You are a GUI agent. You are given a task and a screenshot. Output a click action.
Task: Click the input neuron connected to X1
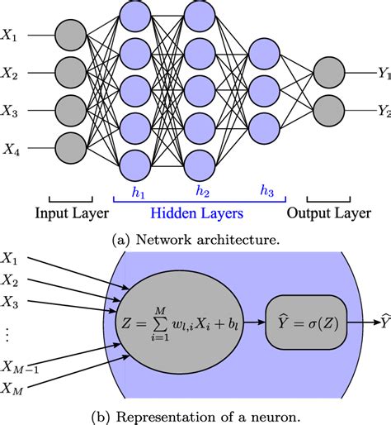tap(71, 36)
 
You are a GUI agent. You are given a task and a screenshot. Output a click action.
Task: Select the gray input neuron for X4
tap(71, 148)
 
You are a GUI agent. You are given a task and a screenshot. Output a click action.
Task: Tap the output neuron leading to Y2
tap(329, 111)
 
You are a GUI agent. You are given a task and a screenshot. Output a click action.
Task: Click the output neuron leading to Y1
tap(329, 73)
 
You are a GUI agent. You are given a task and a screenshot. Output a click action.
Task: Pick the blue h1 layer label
tap(138, 192)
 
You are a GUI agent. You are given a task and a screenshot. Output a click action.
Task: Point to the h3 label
tap(267, 190)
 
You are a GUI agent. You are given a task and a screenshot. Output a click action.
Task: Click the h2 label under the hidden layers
tap(202, 190)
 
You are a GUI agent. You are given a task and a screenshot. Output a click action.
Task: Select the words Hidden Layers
tap(197, 213)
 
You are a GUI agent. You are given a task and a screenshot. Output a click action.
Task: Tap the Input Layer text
tap(72, 213)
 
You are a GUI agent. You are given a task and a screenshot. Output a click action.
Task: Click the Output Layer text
tap(329, 213)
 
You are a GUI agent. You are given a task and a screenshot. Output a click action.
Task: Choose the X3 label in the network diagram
tap(10, 111)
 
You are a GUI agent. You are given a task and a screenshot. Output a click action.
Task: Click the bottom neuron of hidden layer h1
tap(135, 166)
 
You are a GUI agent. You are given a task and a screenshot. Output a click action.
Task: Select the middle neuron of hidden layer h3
tap(264, 90)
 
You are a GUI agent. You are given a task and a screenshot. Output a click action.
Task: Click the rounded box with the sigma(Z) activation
tap(306, 322)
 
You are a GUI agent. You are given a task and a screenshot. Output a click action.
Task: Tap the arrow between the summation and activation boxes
tap(255, 322)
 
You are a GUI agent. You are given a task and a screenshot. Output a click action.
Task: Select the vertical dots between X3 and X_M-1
tap(7, 335)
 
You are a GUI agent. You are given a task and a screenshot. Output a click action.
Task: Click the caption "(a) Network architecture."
tap(195, 240)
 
